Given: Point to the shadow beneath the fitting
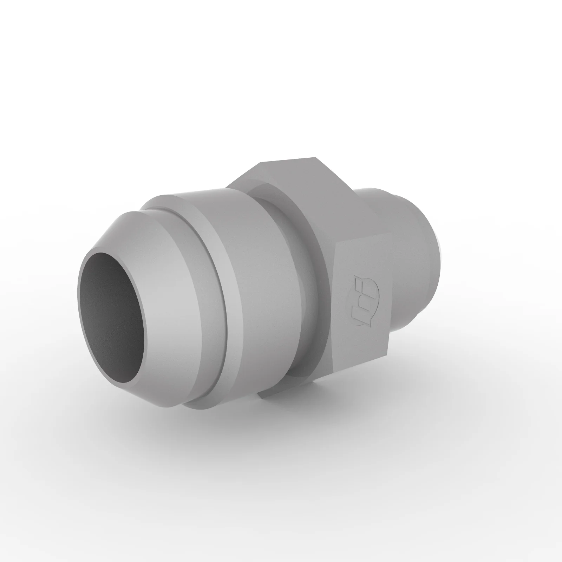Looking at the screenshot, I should [x=176, y=421].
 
